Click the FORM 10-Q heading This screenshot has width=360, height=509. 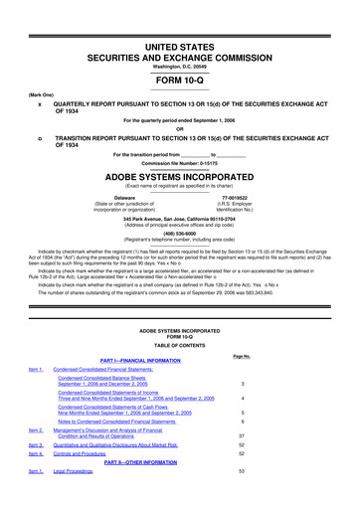pos(179,55)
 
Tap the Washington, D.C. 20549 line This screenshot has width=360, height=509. pos(179,38)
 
